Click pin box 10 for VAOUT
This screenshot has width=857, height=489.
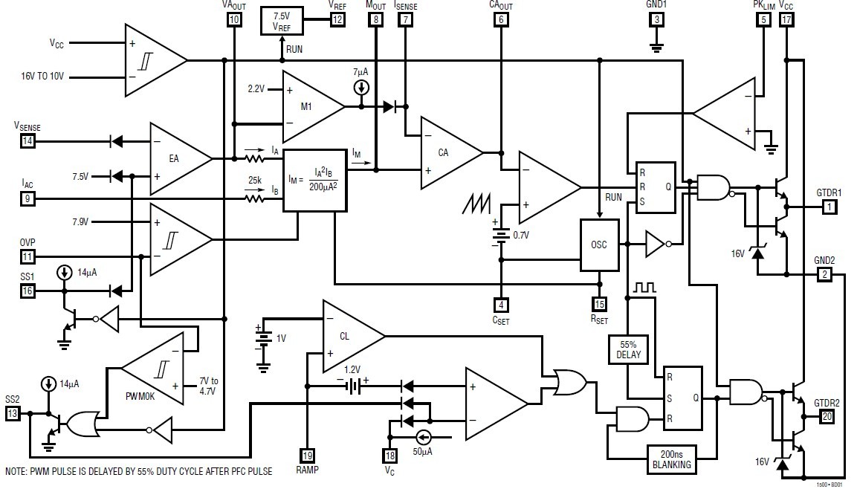tap(234, 20)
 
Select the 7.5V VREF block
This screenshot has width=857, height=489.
tap(282, 20)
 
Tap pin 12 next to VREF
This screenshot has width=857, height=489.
tap(337, 20)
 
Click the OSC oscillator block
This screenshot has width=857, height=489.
tap(600, 244)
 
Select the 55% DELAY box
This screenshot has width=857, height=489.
tap(629, 350)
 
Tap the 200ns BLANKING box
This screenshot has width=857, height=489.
tap(671, 459)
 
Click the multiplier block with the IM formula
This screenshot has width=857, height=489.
tap(314, 181)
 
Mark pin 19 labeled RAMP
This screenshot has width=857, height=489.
tap(308, 455)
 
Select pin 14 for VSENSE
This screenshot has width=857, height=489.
tap(28, 141)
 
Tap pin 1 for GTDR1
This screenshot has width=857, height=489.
tap(829, 207)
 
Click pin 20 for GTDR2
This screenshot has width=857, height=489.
tap(827, 417)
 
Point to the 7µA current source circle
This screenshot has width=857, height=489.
tap(361, 88)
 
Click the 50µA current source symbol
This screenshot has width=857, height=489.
tap(422, 437)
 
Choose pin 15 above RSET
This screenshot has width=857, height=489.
tap(600, 305)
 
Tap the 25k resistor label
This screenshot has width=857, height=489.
tap(255, 180)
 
